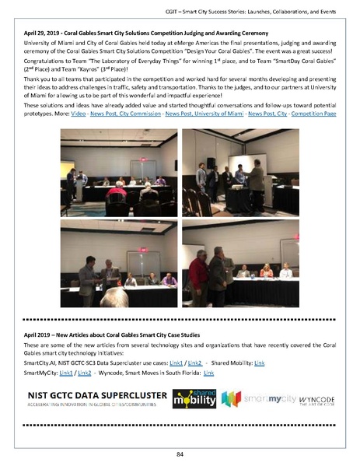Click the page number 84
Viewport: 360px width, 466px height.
pyautogui.click(x=180, y=455)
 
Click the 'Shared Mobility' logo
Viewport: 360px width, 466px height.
pyautogui.click(x=194, y=400)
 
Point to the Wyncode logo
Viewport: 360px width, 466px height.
pyautogui.click(x=316, y=401)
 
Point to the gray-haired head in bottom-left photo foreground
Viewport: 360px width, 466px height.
pyautogui.click(x=116, y=296)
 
